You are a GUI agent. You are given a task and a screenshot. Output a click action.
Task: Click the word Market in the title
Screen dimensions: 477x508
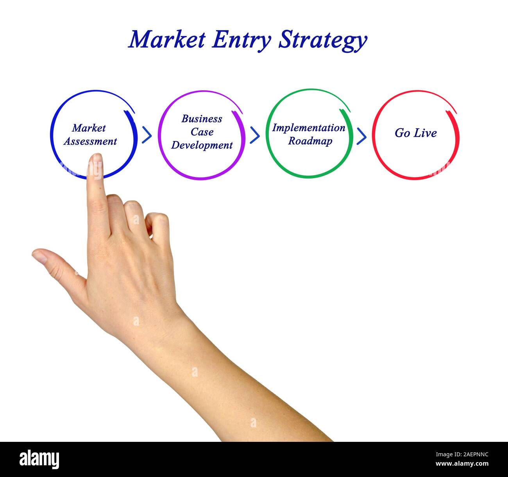[167, 39]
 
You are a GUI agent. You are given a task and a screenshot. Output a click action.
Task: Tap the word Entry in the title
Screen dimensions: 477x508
[241, 40]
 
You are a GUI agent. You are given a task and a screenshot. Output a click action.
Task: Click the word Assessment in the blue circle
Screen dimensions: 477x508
[90, 141]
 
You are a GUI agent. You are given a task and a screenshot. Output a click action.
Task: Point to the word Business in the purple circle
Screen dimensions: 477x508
[202, 119]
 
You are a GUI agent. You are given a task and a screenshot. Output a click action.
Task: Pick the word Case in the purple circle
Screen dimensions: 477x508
[202, 132]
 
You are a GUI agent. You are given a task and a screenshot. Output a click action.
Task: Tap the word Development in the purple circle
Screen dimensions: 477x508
[202, 145]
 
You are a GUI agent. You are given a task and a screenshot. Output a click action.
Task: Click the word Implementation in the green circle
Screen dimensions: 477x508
[309, 128]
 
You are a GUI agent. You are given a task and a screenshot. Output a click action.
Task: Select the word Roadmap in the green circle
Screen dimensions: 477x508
[310, 141]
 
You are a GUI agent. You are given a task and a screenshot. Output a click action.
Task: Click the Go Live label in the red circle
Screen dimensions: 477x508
[415, 133]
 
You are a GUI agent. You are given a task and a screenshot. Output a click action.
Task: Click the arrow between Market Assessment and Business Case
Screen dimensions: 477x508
[147, 135]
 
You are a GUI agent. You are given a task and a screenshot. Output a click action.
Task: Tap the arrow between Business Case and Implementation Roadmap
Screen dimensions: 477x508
[255, 135]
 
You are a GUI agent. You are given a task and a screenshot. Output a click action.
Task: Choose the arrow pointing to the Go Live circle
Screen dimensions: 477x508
[361, 136]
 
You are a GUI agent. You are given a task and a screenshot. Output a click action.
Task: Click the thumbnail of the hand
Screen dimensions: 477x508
[39, 256]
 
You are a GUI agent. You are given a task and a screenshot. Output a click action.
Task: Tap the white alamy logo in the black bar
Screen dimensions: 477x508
[39, 459]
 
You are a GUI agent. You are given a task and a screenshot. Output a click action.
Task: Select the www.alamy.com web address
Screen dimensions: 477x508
[462, 464]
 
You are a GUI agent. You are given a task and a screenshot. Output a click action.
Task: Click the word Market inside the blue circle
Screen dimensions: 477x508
[89, 128]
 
